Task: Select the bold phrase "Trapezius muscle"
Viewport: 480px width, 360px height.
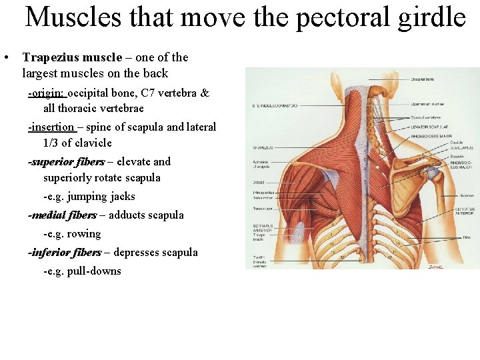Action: (67, 57)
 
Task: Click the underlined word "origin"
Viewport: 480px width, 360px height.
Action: (46, 93)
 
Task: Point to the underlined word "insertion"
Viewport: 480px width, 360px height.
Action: (51, 127)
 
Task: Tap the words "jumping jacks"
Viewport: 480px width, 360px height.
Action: (101, 197)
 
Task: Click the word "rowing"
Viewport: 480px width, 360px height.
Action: (84, 234)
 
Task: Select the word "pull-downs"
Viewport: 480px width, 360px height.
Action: (94, 271)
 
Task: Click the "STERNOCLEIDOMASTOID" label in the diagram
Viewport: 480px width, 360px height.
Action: (275, 105)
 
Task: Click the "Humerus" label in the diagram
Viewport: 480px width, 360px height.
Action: (466, 195)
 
